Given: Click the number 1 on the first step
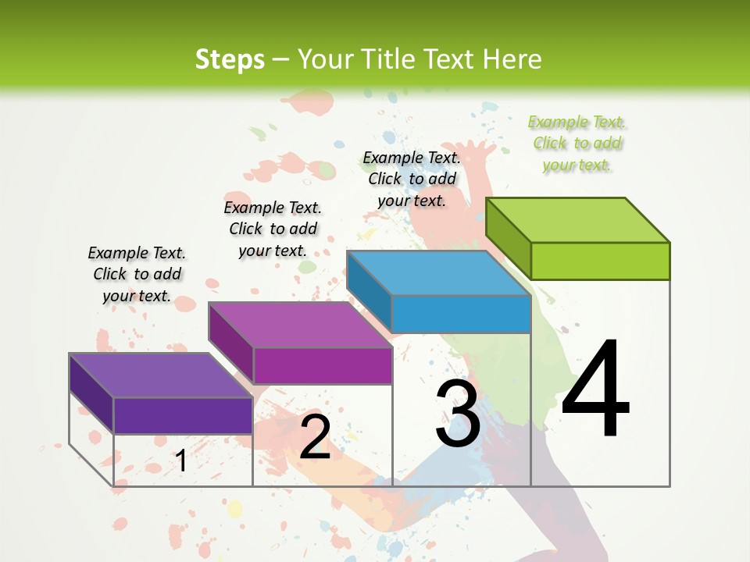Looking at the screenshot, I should click(181, 461).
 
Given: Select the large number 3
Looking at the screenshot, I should click(458, 414).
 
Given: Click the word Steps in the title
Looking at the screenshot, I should click(230, 59).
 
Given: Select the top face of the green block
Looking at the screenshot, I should click(578, 220).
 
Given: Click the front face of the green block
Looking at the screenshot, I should click(600, 261).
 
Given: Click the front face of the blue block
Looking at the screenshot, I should click(461, 314).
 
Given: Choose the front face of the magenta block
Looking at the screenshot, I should click(322, 365).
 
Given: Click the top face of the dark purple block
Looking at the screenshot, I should click(161, 375).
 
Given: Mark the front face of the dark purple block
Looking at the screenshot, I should click(183, 415).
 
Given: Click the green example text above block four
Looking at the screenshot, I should click(577, 143).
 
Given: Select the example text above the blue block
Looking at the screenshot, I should click(412, 179).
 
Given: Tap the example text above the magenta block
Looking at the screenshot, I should click(273, 229).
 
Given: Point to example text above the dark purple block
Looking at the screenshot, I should click(137, 274).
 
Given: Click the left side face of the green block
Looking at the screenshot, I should click(508, 238).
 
